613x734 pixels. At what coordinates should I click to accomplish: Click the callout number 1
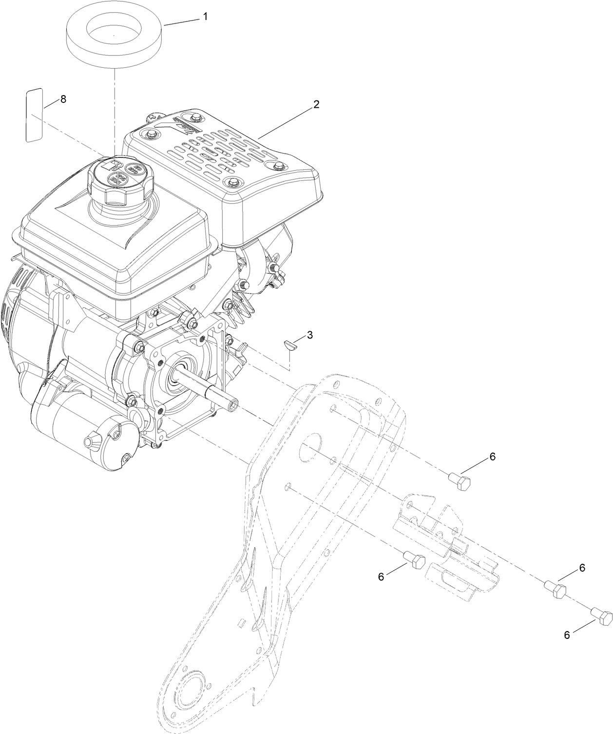click(205, 17)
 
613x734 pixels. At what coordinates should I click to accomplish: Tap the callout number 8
click(63, 99)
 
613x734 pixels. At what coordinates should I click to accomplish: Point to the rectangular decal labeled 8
click(34, 115)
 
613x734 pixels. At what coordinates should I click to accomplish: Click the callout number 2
click(316, 104)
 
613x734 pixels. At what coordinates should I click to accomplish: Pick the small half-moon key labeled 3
click(289, 345)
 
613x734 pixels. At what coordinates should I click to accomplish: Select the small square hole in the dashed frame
click(241, 622)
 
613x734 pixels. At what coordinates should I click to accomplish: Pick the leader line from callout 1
click(181, 21)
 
